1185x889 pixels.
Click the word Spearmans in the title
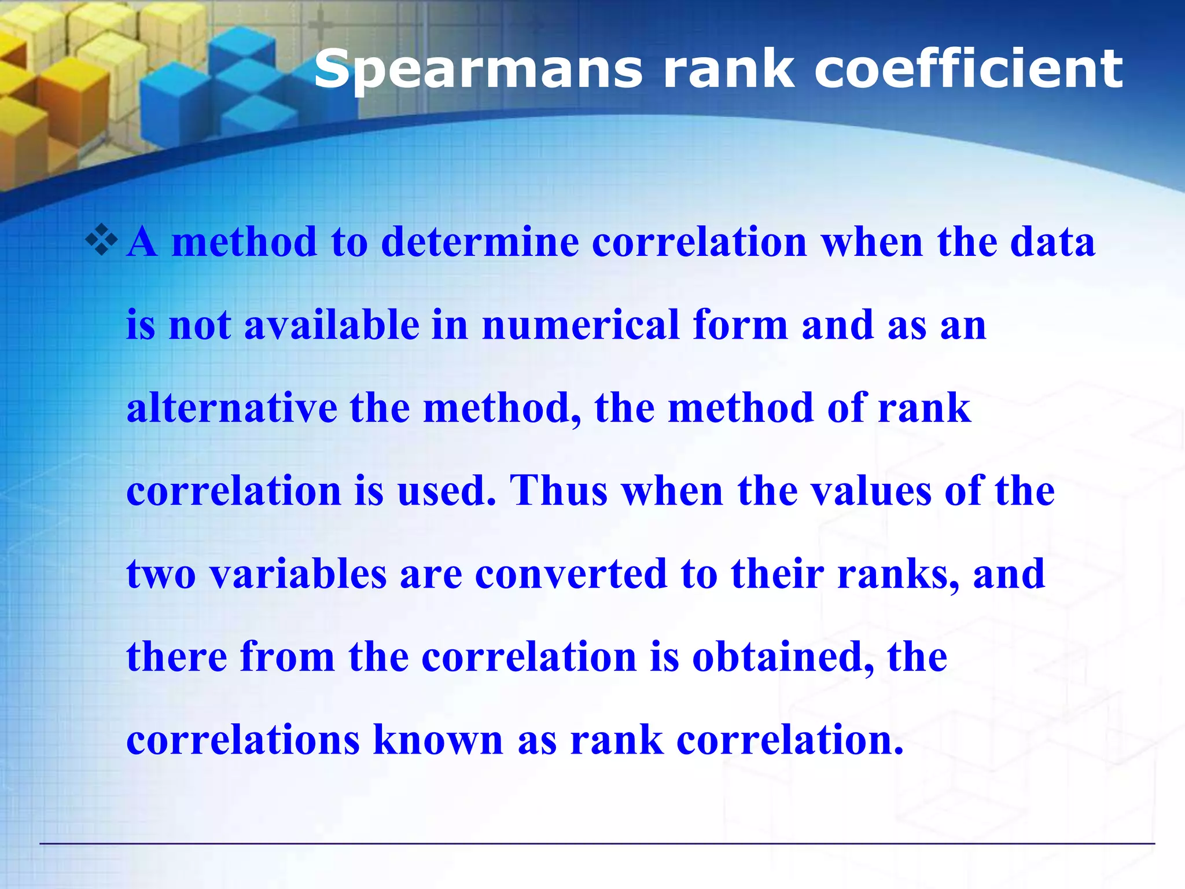pos(478,69)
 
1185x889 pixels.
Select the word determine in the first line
pos(480,241)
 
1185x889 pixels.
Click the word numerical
pos(580,325)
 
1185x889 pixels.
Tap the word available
pos(332,325)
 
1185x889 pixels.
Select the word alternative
pos(231,408)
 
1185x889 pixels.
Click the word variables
pos(297,574)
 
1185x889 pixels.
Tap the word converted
pos(571,574)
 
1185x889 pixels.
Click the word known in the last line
pos(438,740)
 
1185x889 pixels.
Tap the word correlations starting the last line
pos(243,740)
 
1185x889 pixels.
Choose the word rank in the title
pos(728,69)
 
